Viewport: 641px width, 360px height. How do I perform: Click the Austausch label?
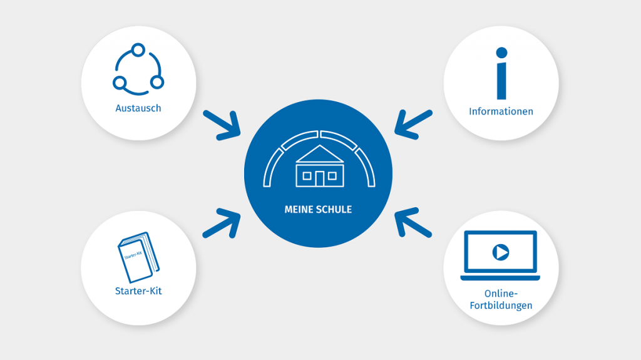[x=138, y=108]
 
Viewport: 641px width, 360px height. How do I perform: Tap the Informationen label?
[x=501, y=111]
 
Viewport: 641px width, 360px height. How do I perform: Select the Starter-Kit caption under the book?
[x=138, y=291]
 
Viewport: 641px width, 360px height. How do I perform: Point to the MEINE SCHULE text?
[x=318, y=209]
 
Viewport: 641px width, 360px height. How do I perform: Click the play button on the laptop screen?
[x=500, y=252]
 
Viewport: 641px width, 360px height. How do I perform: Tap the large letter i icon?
[x=501, y=80]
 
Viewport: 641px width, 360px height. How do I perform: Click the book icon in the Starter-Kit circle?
[x=138, y=257]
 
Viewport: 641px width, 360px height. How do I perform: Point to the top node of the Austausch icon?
[x=138, y=49]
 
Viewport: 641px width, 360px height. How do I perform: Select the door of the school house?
[x=319, y=178]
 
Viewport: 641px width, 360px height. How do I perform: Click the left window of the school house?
[x=307, y=176]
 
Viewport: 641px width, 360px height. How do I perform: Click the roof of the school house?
[x=319, y=154]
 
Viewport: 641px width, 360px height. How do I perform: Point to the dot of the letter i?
[x=501, y=53]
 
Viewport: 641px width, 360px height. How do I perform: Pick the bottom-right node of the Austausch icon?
[x=157, y=82]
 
